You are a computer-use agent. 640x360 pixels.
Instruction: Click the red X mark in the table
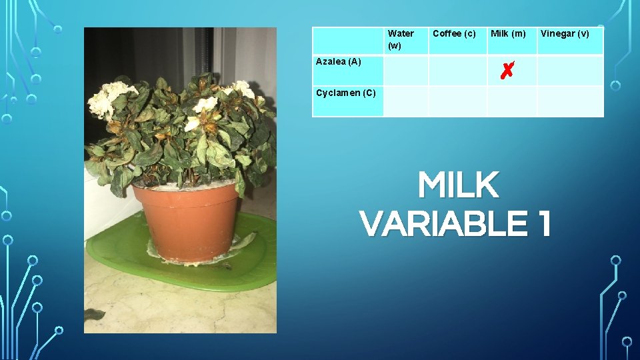pyautogui.click(x=507, y=69)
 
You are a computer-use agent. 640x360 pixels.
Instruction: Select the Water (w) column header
pyautogui.click(x=401, y=39)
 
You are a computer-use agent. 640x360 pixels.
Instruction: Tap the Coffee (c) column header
pyautogui.click(x=454, y=33)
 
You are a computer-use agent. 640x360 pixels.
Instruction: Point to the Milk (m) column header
pyautogui.click(x=508, y=33)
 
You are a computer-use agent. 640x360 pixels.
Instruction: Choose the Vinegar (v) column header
pyautogui.click(x=565, y=33)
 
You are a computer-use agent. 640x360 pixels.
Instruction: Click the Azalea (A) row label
pyautogui.click(x=339, y=62)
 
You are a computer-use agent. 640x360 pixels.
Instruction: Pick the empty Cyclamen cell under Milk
pyautogui.click(x=512, y=101)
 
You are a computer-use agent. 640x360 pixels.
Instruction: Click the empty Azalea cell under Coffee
pyautogui.click(x=457, y=70)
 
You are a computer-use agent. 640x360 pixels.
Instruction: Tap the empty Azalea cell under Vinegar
pyautogui.click(x=570, y=70)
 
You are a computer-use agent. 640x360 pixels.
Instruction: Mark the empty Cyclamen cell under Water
pyautogui.click(x=405, y=101)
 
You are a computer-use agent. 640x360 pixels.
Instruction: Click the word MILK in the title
pyautogui.click(x=459, y=185)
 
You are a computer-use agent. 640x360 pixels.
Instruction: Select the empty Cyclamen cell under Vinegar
pyautogui.click(x=570, y=101)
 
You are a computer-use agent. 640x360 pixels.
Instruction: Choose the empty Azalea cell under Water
pyautogui.click(x=405, y=70)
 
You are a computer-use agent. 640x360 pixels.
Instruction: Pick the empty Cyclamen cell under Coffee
pyautogui.click(x=457, y=101)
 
